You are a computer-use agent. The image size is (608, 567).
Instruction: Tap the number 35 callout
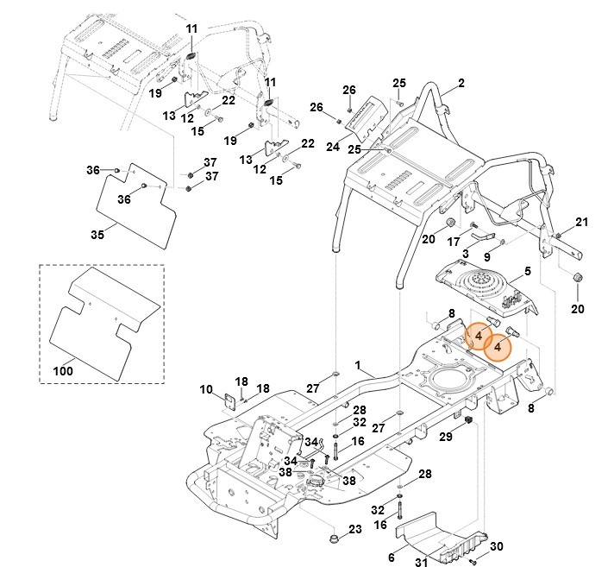[97, 234]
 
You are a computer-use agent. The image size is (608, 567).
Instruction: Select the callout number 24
[333, 147]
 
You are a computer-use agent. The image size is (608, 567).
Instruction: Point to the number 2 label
[461, 84]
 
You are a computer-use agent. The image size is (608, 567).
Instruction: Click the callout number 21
[581, 223]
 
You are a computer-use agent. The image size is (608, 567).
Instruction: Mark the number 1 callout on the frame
[358, 367]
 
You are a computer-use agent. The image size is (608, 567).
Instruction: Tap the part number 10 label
[206, 390]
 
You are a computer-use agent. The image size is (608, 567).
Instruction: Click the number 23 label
[355, 529]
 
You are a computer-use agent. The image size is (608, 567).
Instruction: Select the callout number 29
[445, 438]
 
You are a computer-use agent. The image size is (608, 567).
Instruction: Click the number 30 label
[496, 547]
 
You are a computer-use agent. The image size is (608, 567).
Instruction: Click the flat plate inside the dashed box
[103, 319]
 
